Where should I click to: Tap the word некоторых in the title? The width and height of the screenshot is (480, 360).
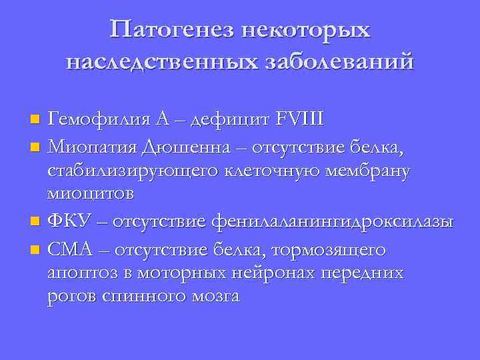tap(307, 30)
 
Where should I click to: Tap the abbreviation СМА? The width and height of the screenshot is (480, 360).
tap(73, 250)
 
